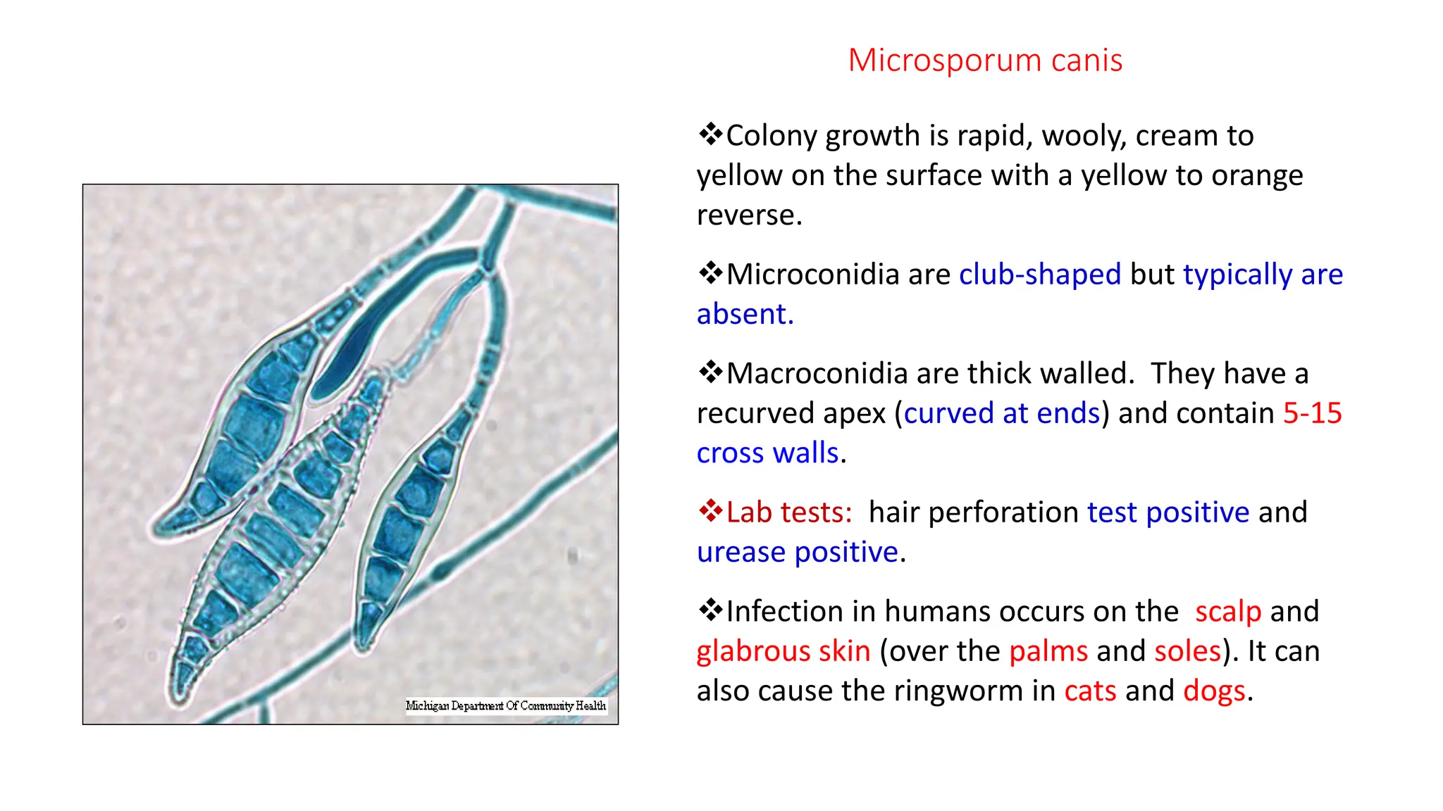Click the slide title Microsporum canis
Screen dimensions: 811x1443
pos(984,61)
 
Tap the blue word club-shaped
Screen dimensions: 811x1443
pos(1039,275)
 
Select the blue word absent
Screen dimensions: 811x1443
pos(744,314)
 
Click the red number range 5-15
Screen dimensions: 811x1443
pos(1312,413)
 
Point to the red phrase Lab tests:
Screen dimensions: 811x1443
pos(789,513)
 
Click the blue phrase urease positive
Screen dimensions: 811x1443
pos(798,552)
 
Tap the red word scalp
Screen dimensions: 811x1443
pos(1227,612)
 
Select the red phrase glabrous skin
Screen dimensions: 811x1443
pos(783,651)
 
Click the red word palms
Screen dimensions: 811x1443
pos(1048,651)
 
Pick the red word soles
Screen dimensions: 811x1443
pos(1187,651)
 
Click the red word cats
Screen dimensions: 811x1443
pos(1089,691)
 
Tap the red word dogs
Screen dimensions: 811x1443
pos(1214,691)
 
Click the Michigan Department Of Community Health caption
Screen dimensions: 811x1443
pos(506,705)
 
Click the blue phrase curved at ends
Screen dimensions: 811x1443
pos(1001,413)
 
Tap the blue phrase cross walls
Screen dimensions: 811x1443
pos(767,453)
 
